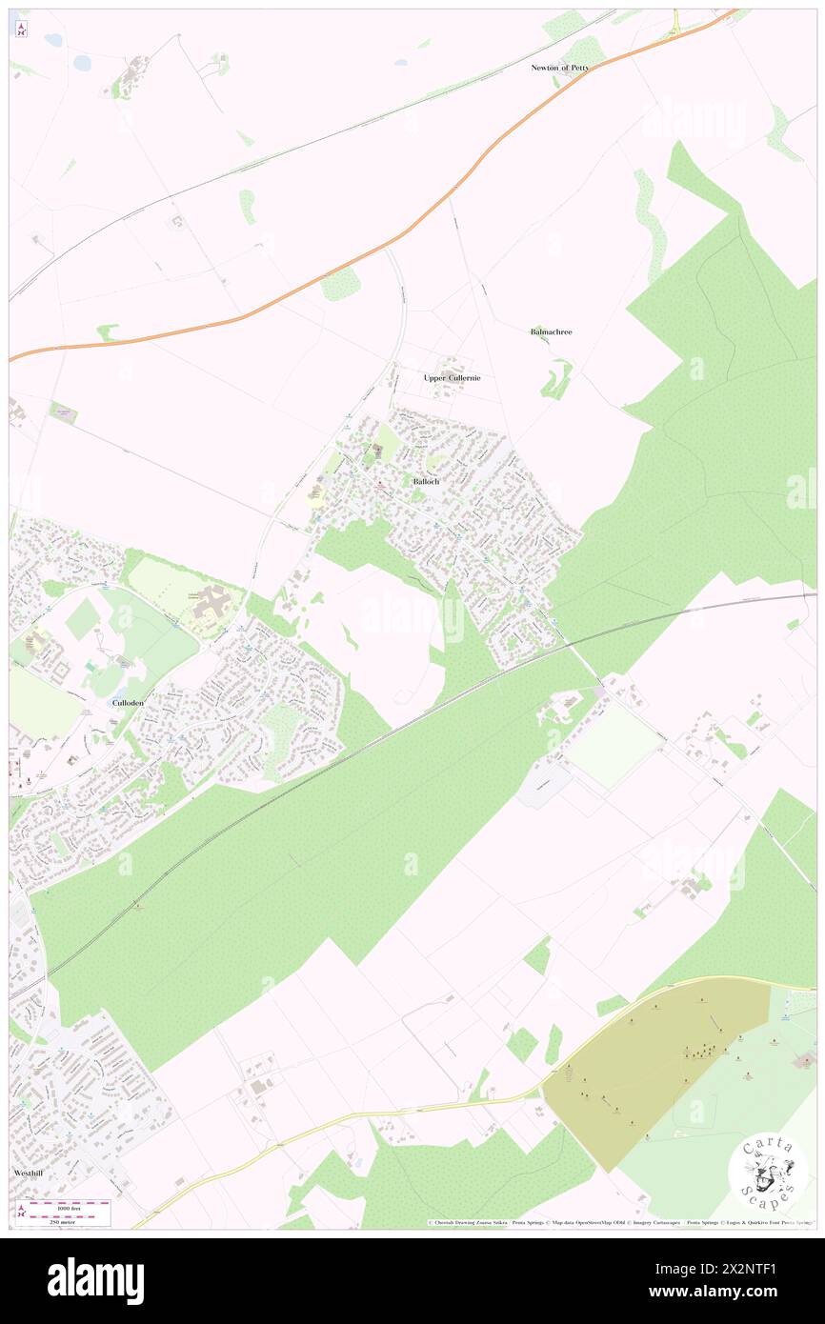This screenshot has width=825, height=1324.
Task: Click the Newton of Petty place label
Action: click(x=560, y=68)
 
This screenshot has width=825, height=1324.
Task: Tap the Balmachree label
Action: click(x=551, y=331)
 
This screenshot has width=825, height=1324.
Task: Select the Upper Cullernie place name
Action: click(x=452, y=377)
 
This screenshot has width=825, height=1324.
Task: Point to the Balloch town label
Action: click(x=426, y=482)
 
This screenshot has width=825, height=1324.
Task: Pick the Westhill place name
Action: click(x=30, y=1173)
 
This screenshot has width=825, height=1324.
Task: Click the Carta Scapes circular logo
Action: click(x=768, y=1171)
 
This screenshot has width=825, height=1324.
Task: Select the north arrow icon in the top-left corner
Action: click(x=21, y=29)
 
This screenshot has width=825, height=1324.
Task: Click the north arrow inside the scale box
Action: click(x=22, y=1212)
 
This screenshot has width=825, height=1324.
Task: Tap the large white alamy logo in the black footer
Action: click(x=95, y=1281)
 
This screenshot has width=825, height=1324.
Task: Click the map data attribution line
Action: click(x=619, y=1222)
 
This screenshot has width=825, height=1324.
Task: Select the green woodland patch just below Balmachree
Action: click(x=556, y=381)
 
